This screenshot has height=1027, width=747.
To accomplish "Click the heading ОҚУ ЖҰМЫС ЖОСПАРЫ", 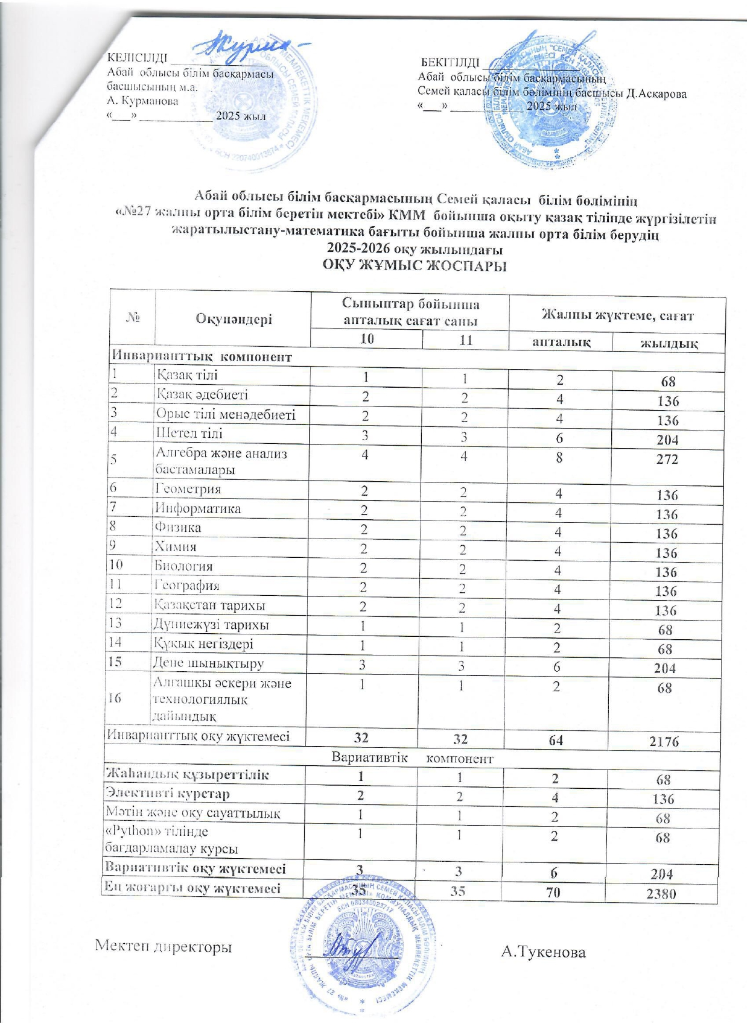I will point(414,265).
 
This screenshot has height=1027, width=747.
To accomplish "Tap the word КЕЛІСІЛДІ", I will point(137,58).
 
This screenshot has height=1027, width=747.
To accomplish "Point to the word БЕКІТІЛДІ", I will point(450,63).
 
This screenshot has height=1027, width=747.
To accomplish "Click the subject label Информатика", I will point(199,508).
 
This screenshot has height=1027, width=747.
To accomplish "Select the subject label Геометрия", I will point(189,489).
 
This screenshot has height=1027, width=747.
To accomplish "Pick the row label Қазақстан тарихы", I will point(210,605).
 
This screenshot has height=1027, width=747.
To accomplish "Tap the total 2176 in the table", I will point(664,741).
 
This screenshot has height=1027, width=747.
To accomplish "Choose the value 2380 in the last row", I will point(661,894).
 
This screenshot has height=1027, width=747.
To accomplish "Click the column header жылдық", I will point(669,344).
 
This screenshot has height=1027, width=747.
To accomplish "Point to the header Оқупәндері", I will point(234,319).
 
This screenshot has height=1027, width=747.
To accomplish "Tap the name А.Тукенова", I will point(544,952).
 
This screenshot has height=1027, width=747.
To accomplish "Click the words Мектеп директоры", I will point(164,947).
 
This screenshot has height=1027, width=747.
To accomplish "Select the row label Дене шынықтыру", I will point(209,663).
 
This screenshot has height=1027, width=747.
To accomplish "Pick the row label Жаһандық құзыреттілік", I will point(187,774).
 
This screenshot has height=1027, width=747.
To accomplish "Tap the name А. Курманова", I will point(142,101).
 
